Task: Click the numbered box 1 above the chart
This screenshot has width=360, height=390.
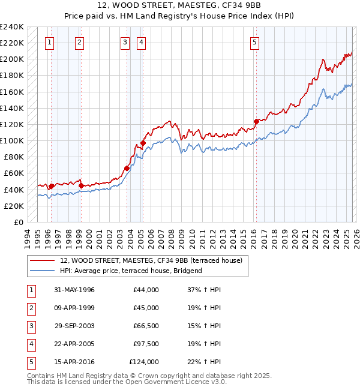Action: pyautogui.click(x=49, y=42)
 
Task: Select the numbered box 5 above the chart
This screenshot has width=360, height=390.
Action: pyautogui.click(x=255, y=42)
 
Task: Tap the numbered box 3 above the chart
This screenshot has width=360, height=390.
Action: pyautogui.click(x=124, y=42)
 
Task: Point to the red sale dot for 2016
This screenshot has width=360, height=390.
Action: pyautogui.click(x=256, y=121)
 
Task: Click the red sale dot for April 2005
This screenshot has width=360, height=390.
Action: pyautogui.click(x=143, y=143)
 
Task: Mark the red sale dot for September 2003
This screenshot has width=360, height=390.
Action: pyautogui.click(x=127, y=168)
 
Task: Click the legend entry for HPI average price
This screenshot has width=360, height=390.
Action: pyautogui.click(x=131, y=271)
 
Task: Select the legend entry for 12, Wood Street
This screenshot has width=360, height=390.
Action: pyautogui.click(x=151, y=260)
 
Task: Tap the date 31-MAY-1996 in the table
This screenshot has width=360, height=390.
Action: pyautogui.click(x=74, y=290)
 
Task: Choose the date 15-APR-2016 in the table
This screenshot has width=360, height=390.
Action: pyautogui.click(x=74, y=362)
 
